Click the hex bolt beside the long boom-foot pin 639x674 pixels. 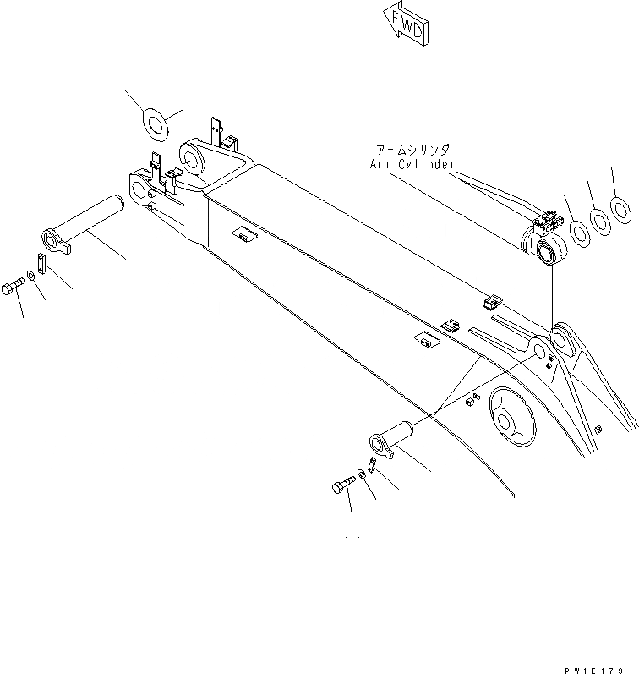click(x=14, y=288)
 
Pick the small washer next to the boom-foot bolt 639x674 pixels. click(x=31, y=274)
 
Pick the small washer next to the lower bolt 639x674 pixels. click(x=361, y=474)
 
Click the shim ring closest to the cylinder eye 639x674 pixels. click(x=580, y=231)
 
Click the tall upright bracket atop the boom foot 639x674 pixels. click(x=219, y=133)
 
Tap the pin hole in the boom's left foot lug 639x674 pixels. click(x=137, y=185)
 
